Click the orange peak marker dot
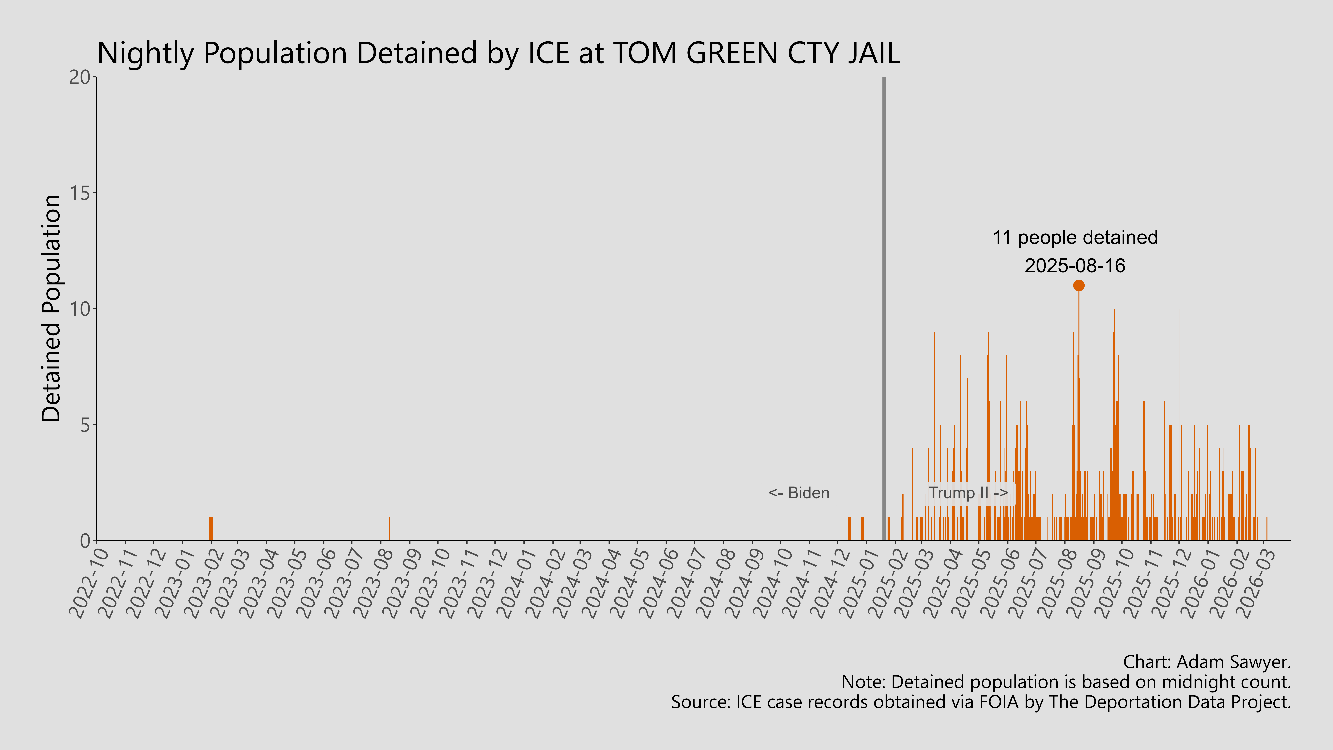click(1078, 285)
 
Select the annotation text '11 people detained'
click(1075, 238)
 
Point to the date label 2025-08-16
click(1075, 266)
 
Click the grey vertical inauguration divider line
click(884, 311)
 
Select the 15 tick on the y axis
click(80, 193)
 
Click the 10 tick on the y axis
click(80, 309)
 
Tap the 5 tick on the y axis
click(85, 425)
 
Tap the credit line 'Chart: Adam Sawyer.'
click(1207, 662)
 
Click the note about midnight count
click(1066, 682)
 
